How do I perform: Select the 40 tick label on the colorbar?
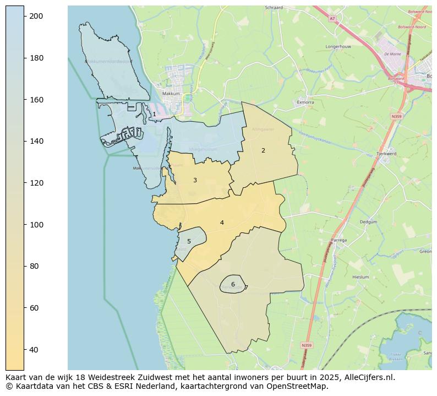(x=34, y=349)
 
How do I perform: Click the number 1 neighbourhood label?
(x=154, y=114)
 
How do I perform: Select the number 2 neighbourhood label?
(x=263, y=150)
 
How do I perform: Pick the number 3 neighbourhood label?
(x=195, y=180)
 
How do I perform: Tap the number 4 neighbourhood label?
(x=222, y=223)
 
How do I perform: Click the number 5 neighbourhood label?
(x=189, y=241)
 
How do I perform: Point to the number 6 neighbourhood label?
(x=233, y=284)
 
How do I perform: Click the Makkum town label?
(x=172, y=94)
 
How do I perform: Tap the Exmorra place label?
(x=305, y=102)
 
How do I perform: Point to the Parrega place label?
(x=339, y=240)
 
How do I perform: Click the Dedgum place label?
(x=368, y=222)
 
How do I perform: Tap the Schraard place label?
(x=274, y=8)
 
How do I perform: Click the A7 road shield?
(x=332, y=18)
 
